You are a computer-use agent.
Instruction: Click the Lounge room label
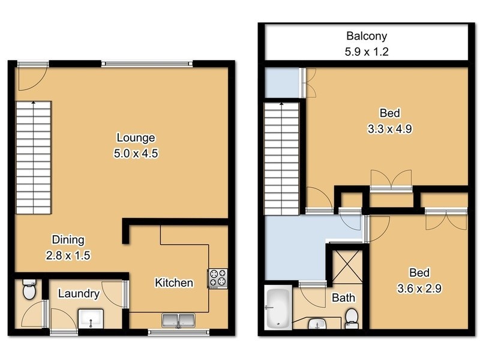pos(136,137)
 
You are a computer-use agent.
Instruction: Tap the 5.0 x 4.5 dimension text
pos(136,153)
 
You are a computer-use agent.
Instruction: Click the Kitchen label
pos(174,283)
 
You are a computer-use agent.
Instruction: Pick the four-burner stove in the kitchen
pos(217,278)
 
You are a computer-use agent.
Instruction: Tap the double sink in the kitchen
pos(178,321)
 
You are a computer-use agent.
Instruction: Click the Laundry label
pos(79,294)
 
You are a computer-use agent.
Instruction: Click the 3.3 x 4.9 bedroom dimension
pos(389,128)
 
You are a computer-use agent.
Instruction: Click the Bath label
pos(343,298)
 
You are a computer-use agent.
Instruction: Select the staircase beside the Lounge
pos(33,159)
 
